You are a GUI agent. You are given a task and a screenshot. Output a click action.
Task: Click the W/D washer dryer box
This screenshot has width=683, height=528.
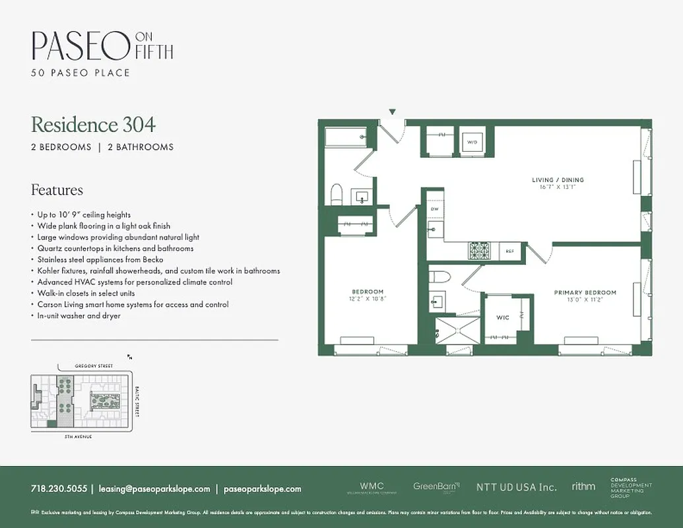tap(472, 141)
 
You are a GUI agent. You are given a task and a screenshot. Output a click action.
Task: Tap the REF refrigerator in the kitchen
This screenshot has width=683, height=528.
tap(510, 251)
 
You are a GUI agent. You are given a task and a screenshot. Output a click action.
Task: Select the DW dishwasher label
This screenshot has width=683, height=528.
tap(434, 209)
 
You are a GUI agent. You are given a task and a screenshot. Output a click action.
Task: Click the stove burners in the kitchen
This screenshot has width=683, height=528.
tap(478, 251)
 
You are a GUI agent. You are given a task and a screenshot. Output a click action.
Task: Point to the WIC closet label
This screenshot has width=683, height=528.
tap(503, 317)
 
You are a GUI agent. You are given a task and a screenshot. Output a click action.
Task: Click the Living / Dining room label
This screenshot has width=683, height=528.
tap(558, 180)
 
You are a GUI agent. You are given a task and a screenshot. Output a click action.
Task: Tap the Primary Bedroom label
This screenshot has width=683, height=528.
tap(585, 292)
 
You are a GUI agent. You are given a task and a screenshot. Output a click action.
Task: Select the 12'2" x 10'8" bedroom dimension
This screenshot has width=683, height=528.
tap(368, 298)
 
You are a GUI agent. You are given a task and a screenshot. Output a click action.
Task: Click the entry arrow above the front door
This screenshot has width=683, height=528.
tap(393, 112)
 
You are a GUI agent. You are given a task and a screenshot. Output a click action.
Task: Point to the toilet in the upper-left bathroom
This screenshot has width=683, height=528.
tap(336, 195)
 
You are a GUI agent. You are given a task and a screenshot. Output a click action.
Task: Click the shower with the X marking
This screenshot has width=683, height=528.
tap(457, 330)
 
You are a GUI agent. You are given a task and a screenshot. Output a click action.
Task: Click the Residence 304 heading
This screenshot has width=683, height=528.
tap(93, 124)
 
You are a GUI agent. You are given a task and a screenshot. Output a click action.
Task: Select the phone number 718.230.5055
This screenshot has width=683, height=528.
tap(59, 489)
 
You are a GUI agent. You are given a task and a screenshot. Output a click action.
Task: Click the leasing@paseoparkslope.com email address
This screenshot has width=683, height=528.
tap(154, 489)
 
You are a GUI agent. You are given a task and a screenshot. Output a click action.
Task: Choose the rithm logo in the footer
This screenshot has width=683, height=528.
tap(583, 486)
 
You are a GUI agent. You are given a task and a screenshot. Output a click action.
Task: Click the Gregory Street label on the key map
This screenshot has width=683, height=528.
tap(86, 366)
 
